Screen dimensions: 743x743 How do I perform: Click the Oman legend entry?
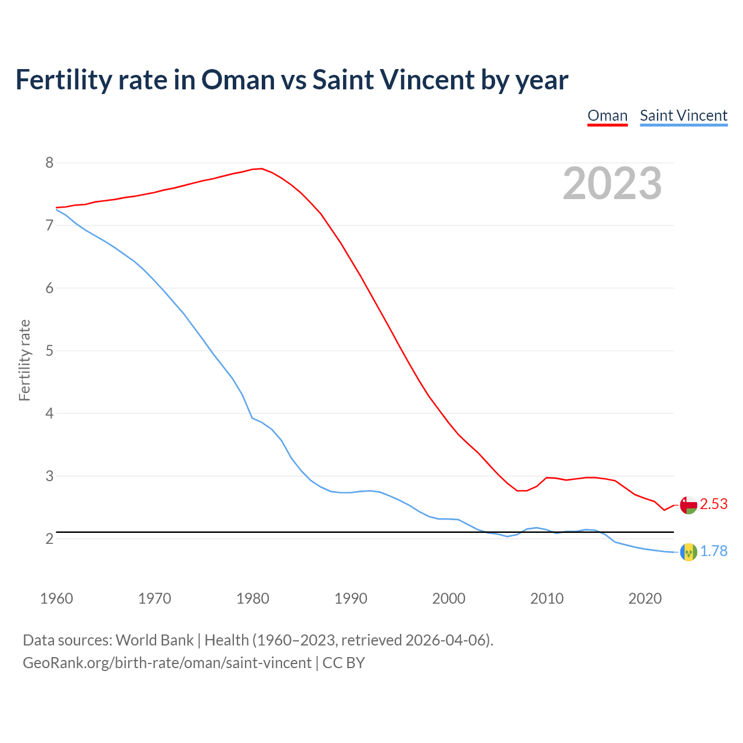pyautogui.click(x=607, y=116)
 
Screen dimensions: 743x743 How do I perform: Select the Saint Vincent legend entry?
pyautogui.click(x=683, y=116)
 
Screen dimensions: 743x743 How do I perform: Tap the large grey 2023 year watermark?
pyautogui.click(x=612, y=183)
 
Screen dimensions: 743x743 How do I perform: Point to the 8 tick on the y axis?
pyautogui.click(x=49, y=163)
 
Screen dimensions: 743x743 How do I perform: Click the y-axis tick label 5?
pyautogui.click(x=49, y=351)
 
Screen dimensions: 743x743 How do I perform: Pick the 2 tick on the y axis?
pyautogui.click(x=49, y=539)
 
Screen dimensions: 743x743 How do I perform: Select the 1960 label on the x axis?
pyautogui.click(x=56, y=598)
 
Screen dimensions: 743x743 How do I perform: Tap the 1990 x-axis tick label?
pyautogui.click(x=351, y=598)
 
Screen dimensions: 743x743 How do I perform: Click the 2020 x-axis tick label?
pyautogui.click(x=645, y=598)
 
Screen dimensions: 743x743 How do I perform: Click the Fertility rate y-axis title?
pyautogui.click(x=24, y=360)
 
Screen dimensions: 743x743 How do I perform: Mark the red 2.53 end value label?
pyautogui.click(x=713, y=504)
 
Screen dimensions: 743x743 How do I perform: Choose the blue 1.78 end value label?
pyautogui.click(x=713, y=551)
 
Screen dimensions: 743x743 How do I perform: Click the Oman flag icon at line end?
pyautogui.click(x=688, y=505)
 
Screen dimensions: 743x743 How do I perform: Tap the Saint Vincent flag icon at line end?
pyautogui.click(x=688, y=552)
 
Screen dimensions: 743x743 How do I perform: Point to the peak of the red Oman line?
pyautogui.click(x=261, y=169)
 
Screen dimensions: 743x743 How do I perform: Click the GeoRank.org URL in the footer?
pyautogui.click(x=167, y=663)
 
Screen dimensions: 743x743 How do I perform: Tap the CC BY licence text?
pyautogui.click(x=344, y=663)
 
